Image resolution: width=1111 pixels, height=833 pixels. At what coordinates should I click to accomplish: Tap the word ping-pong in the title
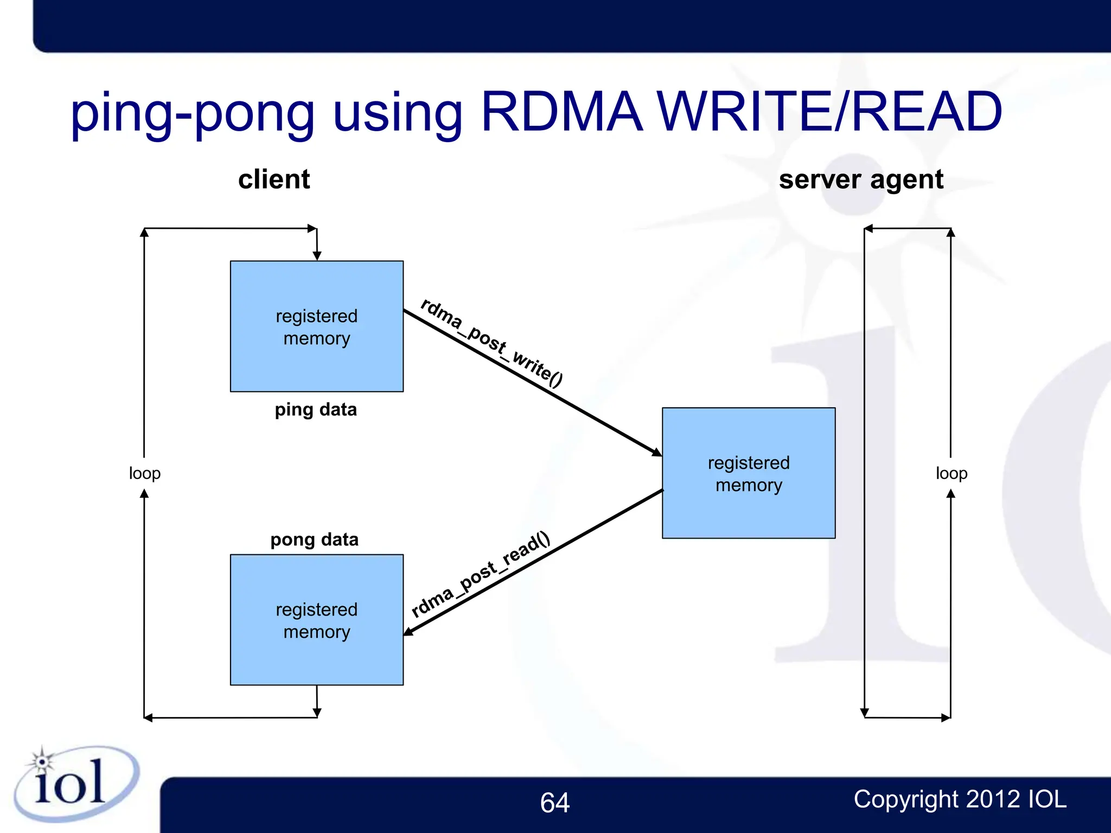pyautogui.click(x=193, y=114)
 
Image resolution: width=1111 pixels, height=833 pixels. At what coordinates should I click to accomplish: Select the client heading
pyautogui.click(x=274, y=180)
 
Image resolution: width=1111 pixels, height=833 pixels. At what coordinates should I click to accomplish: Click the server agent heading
pyautogui.click(x=861, y=180)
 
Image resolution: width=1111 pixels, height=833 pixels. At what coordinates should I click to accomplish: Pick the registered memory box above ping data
pyautogui.click(x=317, y=326)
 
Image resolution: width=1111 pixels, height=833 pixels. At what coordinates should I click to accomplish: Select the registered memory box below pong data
pyautogui.click(x=317, y=619)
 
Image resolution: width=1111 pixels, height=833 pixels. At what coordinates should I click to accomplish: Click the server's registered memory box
pyautogui.click(x=749, y=473)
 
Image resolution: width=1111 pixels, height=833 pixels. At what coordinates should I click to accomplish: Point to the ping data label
pyautogui.click(x=316, y=410)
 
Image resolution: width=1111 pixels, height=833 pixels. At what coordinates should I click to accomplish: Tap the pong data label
pyautogui.click(x=315, y=540)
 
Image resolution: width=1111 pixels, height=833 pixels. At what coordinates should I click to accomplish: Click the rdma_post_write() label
pyautogui.click(x=491, y=343)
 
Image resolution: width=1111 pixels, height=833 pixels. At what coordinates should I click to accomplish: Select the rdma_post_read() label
pyautogui.click(x=481, y=575)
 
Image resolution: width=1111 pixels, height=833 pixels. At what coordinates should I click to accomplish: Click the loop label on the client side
pyautogui.click(x=145, y=473)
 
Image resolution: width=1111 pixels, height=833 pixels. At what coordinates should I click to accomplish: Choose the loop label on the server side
pyautogui.click(x=952, y=473)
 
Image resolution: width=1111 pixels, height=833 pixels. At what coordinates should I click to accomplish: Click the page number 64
pyautogui.click(x=554, y=803)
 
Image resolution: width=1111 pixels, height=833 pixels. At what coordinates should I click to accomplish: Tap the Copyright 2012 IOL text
pyautogui.click(x=960, y=799)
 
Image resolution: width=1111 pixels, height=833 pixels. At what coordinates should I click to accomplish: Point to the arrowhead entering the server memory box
pyautogui.click(x=657, y=452)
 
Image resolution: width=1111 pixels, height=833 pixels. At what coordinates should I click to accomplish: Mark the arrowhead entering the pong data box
pyautogui.click(x=408, y=632)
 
